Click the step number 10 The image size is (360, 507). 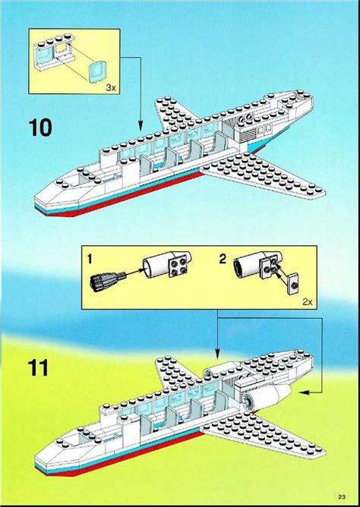click(x=40, y=128)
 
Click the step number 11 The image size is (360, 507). click(x=39, y=367)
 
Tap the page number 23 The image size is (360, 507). click(x=342, y=496)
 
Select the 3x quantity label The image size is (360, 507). click(x=111, y=87)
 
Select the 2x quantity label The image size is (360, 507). click(x=308, y=302)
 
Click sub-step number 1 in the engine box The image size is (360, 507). click(x=90, y=259)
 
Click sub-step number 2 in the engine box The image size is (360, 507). click(x=223, y=259)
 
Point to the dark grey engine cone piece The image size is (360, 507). click(x=108, y=281)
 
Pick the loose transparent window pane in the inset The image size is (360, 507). click(x=98, y=73)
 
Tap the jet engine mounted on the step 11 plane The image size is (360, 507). click(x=265, y=398)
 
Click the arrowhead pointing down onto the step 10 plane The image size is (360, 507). click(x=141, y=126)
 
